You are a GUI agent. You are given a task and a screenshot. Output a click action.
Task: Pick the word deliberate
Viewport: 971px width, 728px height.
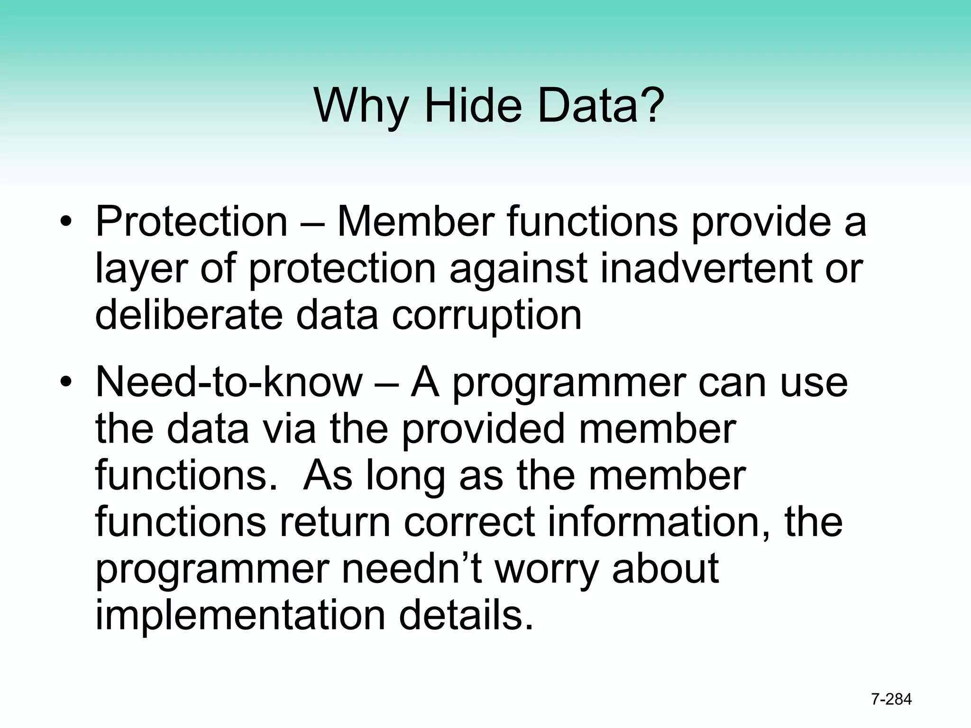tap(189, 315)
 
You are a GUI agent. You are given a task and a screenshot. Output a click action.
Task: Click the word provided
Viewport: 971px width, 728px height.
tap(483, 429)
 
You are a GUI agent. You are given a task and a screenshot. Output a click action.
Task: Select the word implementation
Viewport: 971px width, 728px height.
tap(240, 616)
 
